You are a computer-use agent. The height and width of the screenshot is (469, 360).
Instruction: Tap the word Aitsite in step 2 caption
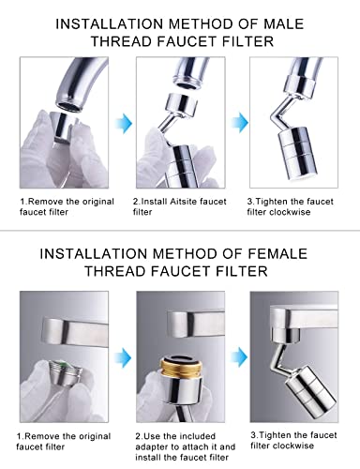[x=188, y=202]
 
